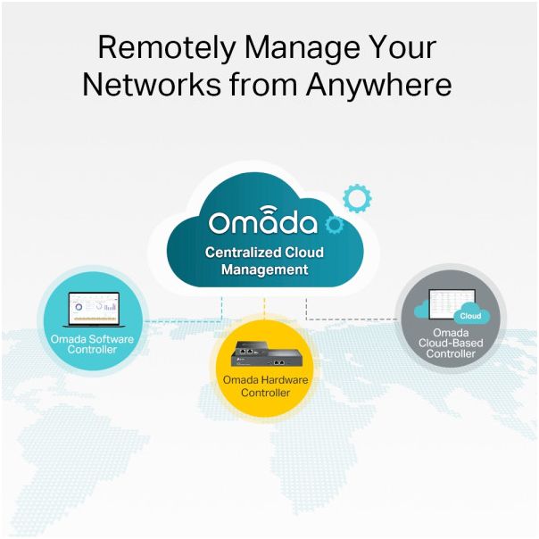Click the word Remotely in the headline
(x=167, y=48)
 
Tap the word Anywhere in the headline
(x=378, y=85)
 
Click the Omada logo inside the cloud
(x=262, y=220)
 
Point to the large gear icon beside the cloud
(x=357, y=198)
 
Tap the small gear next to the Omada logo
(x=334, y=225)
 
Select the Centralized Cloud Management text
(x=264, y=261)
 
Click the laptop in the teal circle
(x=93, y=310)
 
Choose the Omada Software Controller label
(x=92, y=344)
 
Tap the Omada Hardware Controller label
(x=265, y=386)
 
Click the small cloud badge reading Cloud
(x=471, y=314)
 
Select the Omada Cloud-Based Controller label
(x=451, y=343)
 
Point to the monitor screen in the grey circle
(x=452, y=304)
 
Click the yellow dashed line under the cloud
(x=264, y=309)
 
